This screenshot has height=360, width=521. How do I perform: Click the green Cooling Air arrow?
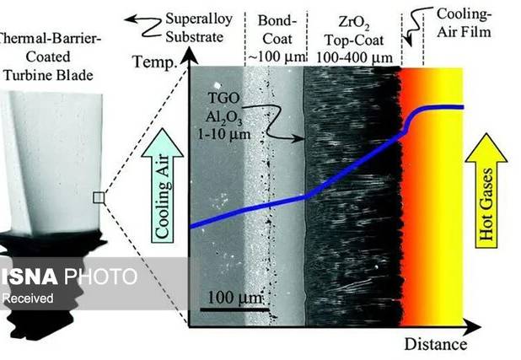click(x=162, y=185)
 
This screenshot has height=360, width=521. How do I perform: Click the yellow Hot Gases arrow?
click(x=486, y=191)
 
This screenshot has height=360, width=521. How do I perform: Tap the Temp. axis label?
click(x=154, y=62)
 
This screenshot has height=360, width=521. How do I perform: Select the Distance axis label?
click(x=436, y=344)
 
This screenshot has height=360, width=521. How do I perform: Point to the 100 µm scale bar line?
click(x=234, y=309)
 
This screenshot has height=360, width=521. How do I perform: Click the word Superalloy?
click(x=199, y=19)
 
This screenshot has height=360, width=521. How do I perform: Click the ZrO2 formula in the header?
click(x=353, y=23)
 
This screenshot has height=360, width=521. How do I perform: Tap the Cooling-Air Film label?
click(x=464, y=23)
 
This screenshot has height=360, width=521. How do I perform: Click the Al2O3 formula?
click(x=223, y=117)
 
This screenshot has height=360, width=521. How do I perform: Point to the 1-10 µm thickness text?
click(x=224, y=134)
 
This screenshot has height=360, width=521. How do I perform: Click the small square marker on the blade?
click(x=99, y=197)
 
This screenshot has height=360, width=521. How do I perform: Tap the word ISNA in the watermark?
click(x=29, y=277)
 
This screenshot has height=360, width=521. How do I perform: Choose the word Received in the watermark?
click(x=28, y=298)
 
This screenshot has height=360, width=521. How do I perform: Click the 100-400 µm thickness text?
click(x=354, y=57)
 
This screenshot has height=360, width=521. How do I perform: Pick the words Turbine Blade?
click(x=49, y=75)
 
